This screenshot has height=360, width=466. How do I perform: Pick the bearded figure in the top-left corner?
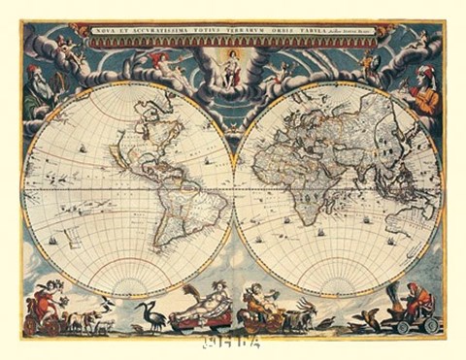tap(36, 87)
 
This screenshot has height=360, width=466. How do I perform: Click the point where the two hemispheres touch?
tap(233, 184)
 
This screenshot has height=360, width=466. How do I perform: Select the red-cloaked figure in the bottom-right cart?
tap(415, 301)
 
